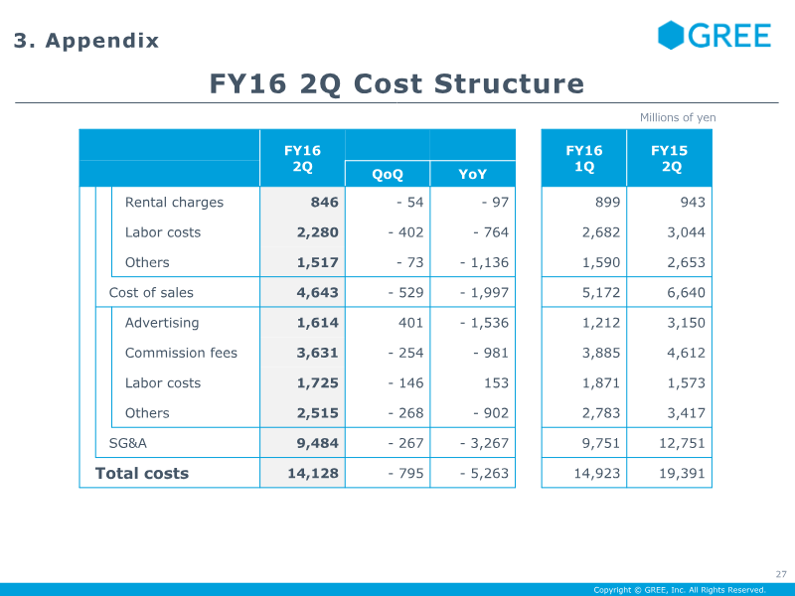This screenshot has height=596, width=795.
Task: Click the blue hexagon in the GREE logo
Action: tap(671, 35)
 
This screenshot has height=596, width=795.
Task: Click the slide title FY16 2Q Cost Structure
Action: tap(397, 83)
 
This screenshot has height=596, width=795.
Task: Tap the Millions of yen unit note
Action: tap(678, 117)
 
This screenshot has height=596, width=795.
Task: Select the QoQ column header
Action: tap(388, 175)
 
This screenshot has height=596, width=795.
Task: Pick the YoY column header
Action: tap(473, 175)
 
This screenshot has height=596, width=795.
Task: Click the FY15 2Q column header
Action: tap(669, 158)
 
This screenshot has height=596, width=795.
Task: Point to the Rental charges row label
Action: tap(174, 203)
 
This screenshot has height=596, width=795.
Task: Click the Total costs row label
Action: tap(142, 474)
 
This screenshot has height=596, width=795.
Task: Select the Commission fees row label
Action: tap(181, 353)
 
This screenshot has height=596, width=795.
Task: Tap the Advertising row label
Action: tap(162, 323)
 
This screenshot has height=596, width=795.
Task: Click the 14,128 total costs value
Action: tap(313, 474)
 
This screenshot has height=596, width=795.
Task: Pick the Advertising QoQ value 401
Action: tap(410, 323)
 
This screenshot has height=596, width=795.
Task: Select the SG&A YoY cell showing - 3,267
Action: tap(484, 443)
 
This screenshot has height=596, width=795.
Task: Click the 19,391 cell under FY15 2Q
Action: tap(682, 474)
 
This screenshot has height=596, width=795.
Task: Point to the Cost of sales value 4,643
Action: tap(317, 293)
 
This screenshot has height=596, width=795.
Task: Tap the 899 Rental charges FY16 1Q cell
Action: tap(607, 203)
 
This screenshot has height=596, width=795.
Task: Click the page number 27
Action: tap(781, 574)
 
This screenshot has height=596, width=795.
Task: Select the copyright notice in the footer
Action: tap(680, 590)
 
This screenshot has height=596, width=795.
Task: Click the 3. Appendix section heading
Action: tap(86, 41)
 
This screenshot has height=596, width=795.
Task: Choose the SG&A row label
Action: tap(128, 443)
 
